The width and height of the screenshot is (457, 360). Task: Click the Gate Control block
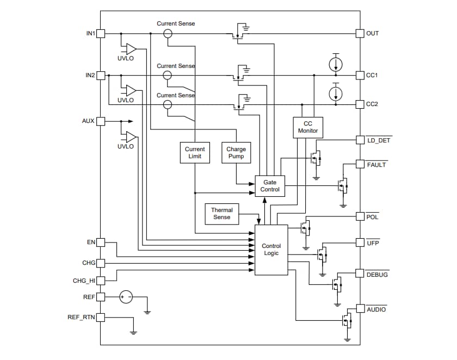[x=270, y=186]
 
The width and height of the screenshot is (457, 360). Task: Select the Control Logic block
[x=271, y=250]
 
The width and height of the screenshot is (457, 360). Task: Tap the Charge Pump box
[x=236, y=152]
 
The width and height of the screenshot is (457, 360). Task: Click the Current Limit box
[x=195, y=152]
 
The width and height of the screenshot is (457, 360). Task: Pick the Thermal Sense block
[x=221, y=214]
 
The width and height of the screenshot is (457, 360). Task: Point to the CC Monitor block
[x=307, y=127]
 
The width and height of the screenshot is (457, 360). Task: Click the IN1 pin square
[x=101, y=34]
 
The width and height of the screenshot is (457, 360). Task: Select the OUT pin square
[x=360, y=33]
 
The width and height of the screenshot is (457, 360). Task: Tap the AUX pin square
[x=101, y=121]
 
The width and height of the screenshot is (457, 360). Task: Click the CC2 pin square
[x=360, y=104]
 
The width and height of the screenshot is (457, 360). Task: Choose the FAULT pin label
[x=376, y=164]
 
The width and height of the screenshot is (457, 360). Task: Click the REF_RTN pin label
[x=81, y=317]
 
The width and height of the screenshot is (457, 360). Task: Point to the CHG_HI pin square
[x=101, y=281]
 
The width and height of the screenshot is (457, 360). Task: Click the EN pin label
[x=91, y=241]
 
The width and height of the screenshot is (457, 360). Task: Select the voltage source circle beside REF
[x=126, y=297]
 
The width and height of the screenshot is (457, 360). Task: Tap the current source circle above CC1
[x=336, y=64]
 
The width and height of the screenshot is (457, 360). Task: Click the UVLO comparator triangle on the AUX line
[x=131, y=136]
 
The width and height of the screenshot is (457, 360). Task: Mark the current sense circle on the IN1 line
[x=168, y=34]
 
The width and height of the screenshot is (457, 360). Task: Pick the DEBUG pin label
[x=377, y=275]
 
